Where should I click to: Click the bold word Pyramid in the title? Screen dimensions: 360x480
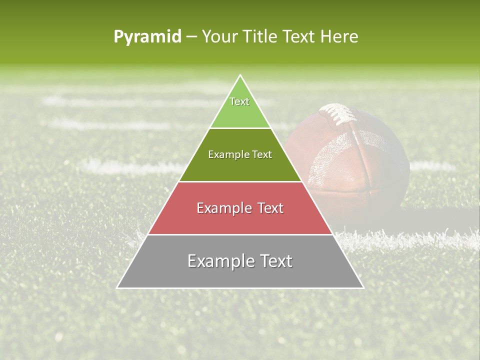coord(147,37)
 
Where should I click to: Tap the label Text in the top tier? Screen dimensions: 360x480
coord(239,101)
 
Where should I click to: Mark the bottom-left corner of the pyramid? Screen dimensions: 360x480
coord(117,287)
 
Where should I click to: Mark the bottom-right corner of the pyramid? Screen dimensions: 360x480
coord(363,287)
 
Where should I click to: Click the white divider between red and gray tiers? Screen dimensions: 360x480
coord(240,234)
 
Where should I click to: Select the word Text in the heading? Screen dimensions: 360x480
coord(300,37)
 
